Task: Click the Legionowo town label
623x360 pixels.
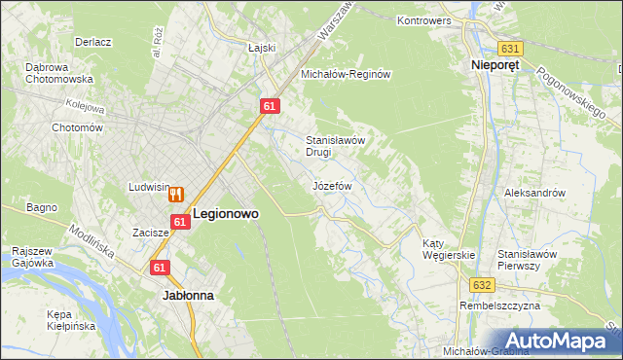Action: click(226, 213)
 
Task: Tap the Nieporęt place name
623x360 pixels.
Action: click(487, 66)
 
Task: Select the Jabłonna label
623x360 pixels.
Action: click(188, 293)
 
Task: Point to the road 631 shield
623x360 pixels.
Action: click(510, 48)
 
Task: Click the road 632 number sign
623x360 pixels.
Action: click(484, 284)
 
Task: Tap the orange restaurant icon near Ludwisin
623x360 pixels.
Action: click(176, 194)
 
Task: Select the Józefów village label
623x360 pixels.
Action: click(331, 185)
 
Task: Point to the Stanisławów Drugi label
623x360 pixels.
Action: click(335, 145)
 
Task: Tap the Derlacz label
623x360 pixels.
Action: click(93, 43)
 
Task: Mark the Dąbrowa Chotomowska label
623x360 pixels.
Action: click(58, 73)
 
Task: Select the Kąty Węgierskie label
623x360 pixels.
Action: click(448, 249)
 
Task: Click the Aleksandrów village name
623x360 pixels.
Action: click(534, 193)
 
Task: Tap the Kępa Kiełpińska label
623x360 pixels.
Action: click(71, 320)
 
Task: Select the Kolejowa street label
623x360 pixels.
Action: click(85, 103)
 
